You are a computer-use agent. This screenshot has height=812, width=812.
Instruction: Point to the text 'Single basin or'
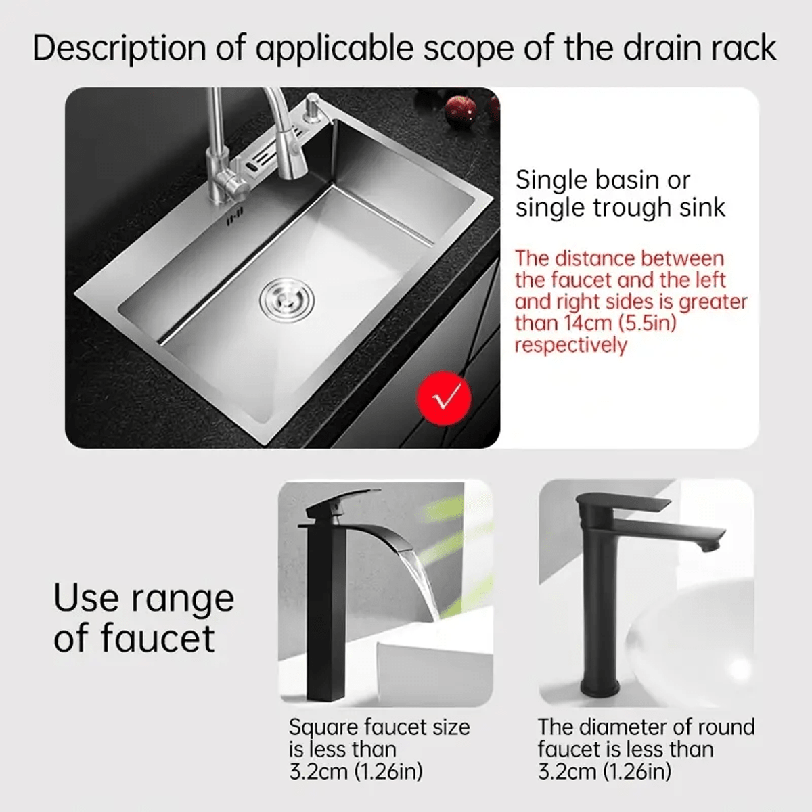pos(602,180)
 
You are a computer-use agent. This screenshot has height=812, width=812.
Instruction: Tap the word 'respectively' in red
pos(570,345)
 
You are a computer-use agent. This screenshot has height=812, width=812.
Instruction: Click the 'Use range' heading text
pos(143,598)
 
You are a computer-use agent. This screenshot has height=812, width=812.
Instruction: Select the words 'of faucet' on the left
pos(134,639)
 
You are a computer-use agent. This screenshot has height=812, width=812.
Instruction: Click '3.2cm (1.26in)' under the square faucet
pos(355,771)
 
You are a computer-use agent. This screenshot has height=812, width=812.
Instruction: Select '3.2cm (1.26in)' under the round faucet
pos(604,771)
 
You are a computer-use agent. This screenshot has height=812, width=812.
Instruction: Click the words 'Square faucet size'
pos(379,727)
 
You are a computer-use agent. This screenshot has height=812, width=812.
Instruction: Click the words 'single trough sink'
pos(620,208)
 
